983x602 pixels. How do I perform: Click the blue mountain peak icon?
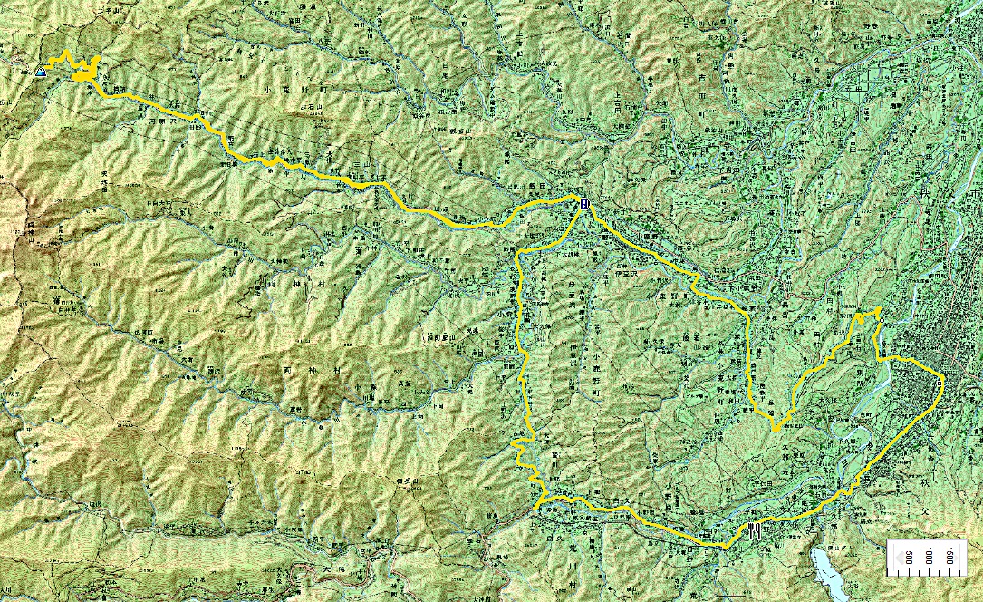coord(42,72)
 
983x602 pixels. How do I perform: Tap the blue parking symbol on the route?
coord(584,204)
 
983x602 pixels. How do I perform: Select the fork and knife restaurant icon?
coord(754,530)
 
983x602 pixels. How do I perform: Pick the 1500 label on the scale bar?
coord(949,555)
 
